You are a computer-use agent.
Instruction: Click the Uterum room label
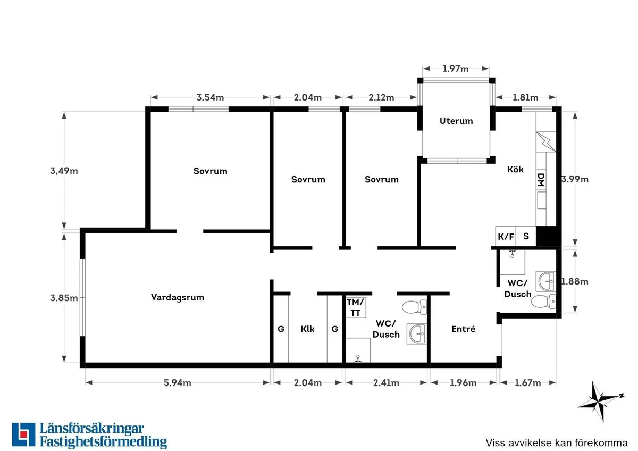coord(456,121)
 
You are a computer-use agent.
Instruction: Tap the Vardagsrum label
coord(178,297)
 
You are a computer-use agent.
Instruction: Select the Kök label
coord(515,169)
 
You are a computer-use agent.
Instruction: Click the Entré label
coord(463,329)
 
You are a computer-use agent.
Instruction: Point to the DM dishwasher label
coord(541,180)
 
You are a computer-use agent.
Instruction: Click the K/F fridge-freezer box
coord(506,236)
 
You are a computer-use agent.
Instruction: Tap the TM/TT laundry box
coord(353,307)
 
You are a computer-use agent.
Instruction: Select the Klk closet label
coord(307,329)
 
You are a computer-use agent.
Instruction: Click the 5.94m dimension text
coord(178,383)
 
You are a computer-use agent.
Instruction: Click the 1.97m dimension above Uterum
coord(456,69)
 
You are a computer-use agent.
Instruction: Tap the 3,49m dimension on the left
coord(64,171)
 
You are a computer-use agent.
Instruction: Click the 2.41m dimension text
coord(387,383)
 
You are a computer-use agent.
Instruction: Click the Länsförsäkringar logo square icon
coord(23,435)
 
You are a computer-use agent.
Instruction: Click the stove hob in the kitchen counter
coord(545,140)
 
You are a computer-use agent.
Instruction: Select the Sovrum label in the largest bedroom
coord(210,171)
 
